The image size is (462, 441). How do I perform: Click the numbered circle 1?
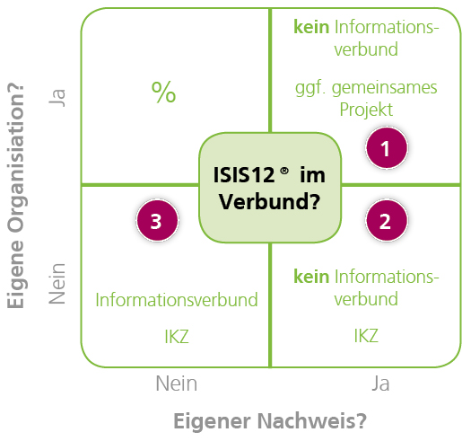point(386,149)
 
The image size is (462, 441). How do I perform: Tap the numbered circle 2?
point(386,221)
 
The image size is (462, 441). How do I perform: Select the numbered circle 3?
point(156,221)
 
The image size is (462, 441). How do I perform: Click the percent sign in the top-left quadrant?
point(163,92)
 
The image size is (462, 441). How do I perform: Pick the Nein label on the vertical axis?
point(59,282)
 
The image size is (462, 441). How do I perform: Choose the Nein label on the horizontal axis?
point(176,384)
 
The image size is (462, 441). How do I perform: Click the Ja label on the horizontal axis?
point(380,384)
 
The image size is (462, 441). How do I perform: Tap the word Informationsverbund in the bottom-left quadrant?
point(177,299)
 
